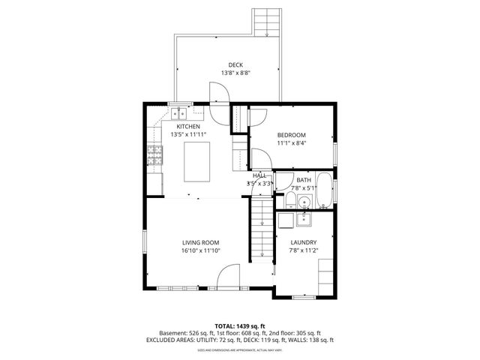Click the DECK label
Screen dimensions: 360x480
click(236, 64)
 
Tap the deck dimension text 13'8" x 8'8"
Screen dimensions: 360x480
click(236, 73)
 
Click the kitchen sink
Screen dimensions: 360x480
click(178, 114)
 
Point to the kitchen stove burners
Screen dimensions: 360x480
click(155, 156)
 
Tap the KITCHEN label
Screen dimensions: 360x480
click(188, 127)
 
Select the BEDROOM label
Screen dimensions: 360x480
click(292, 135)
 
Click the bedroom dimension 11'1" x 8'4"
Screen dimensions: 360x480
click(292, 143)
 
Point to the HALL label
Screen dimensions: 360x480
click(259, 175)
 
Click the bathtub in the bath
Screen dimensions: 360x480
click(325, 190)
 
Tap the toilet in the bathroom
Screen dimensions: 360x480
click(289, 199)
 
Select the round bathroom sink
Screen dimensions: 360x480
click(304, 201)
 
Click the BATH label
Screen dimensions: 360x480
click(303, 180)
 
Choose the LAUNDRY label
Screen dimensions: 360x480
click(303, 242)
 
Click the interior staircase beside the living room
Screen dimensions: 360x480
click(260, 229)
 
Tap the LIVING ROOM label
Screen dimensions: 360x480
click(200, 242)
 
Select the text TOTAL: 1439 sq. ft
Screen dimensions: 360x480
click(239, 325)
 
